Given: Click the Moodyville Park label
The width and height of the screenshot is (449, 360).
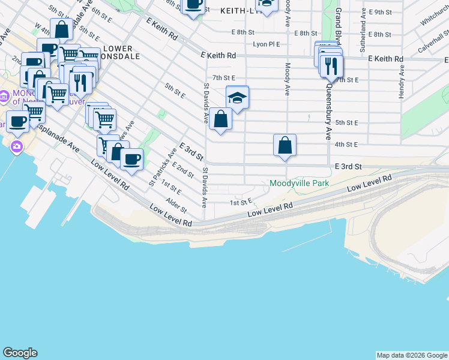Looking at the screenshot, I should pyautogui.click(x=300, y=183).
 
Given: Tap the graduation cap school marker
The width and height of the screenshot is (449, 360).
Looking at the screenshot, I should pyautogui.click(x=237, y=98).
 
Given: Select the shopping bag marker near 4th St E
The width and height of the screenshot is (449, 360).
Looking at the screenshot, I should pyautogui.click(x=285, y=146).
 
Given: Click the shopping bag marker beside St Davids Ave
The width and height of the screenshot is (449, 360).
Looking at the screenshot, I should pyautogui.click(x=221, y=119).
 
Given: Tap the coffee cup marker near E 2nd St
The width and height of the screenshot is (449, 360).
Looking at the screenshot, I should pyautogui.click(x=131, y=160).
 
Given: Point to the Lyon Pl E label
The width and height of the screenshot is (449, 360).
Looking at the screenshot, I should pyautogui.click(x=267, y=44).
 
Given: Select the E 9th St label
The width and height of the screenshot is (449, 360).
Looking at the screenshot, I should pyautogui.click(x=381, y=12).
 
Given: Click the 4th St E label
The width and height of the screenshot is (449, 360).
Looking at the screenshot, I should pyautogui.click(x=346, y=145).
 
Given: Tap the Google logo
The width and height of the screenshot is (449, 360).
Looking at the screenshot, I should pyautogui.click(x=20, y=353).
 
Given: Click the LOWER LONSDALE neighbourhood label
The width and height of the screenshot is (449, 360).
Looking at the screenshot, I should pyautogui.click(x=122, y=52).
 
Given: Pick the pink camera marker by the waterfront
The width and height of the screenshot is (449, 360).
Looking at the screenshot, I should pyautogui.click(x=16, y=146).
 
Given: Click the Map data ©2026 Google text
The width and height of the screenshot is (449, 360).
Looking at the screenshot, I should pyautogui.click(x=412, y=355).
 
